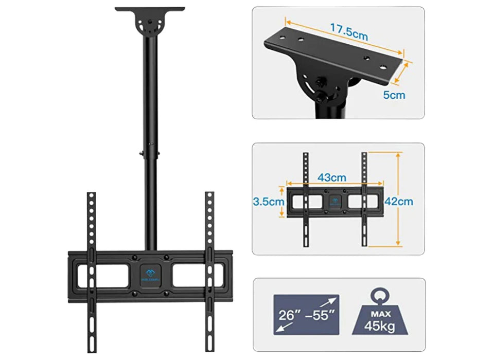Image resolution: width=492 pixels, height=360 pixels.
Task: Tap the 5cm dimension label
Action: coord(394,95)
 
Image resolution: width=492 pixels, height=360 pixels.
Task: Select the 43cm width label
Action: coord(331,177)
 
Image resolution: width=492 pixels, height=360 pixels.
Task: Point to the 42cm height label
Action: coord(401,202)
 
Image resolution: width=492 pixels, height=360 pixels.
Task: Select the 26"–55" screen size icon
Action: coord(306,315)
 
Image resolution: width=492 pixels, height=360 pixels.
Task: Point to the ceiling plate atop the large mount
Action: coord(149,9)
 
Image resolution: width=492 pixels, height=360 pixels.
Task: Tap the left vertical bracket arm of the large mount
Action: coord(91,267)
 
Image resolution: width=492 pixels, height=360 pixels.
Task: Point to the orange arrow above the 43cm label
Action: coord(335,184)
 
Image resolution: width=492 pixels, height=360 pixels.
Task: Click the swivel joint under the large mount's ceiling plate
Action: coord(149,25)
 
